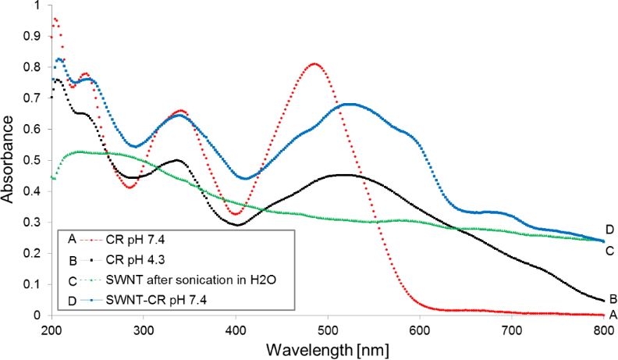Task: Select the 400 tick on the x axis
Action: [x=236, y=329]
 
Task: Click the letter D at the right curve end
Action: [x=609, y=229]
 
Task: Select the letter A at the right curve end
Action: [x=613, y=315]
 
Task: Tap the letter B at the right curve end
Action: [x=613, y=298]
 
